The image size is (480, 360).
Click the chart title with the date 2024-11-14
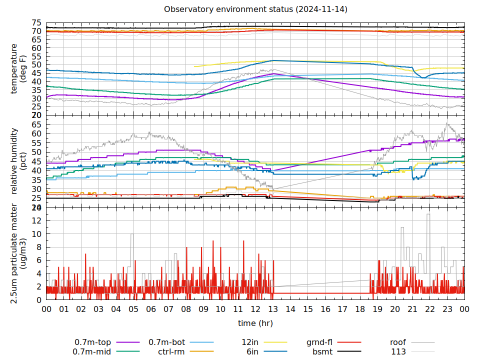[x=255, y=9]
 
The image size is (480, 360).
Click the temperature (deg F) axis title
[x=18, y=68]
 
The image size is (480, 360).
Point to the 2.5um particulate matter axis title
[x=18, y=253]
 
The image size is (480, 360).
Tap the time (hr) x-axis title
[x=255, y=323]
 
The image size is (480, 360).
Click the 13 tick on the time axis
[x=273, y=309]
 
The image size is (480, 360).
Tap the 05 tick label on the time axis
[x=133, y=309]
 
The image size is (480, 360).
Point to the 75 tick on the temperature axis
[x=36, y=23]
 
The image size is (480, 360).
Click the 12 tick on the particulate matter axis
[x=36, y=220]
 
